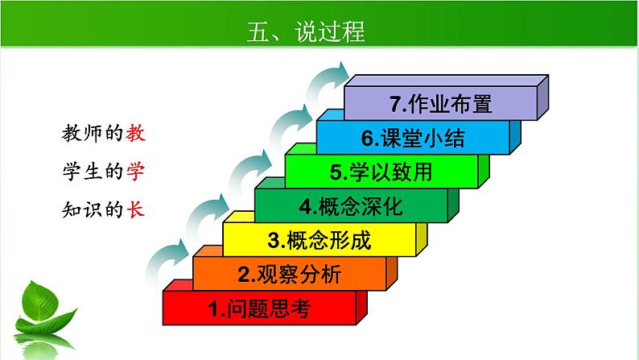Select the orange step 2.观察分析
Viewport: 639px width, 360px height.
[x=290, y=275]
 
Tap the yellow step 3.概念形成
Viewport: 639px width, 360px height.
[x=319, y=240]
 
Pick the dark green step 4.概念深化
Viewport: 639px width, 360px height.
[x=352, y=206]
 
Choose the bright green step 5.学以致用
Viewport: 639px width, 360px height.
[x=381, y=172]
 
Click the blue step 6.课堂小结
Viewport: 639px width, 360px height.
[x=413, y=138]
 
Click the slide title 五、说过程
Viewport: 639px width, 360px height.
[x=305, y=31]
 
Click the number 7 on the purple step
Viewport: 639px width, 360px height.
[x=394, y=104]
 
